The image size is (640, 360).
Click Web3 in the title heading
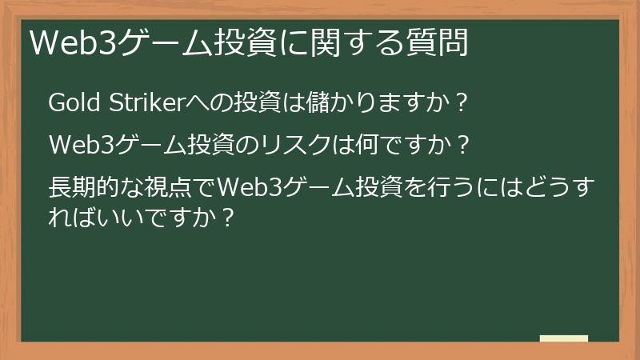pyautogui.click(x=63, y=42)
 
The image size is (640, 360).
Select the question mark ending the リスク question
pyautogui.click(x=459, y=146)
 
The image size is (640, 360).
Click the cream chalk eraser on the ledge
pyautogui.click(x=563, y=339)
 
